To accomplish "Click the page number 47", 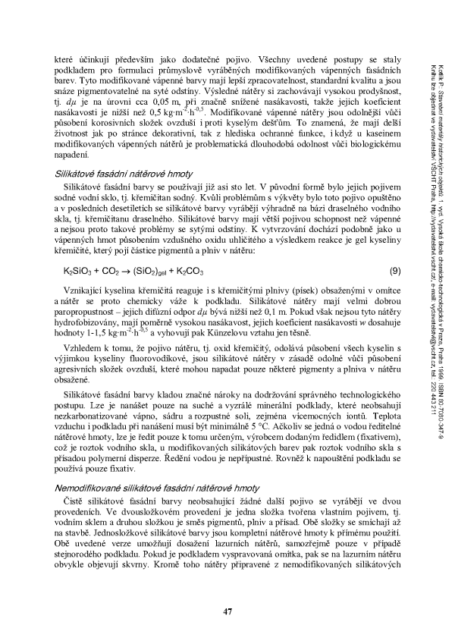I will point(227,611).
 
